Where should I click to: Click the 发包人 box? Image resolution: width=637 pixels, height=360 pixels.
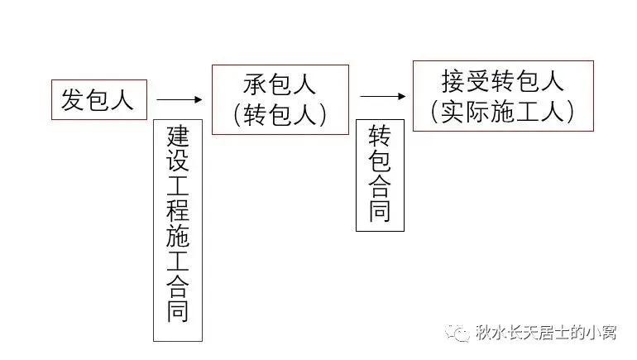(x=98, y=99)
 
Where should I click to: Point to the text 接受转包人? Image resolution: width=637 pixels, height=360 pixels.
(x=502, y=81)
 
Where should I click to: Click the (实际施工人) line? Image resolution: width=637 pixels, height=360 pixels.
(x=502, y=112)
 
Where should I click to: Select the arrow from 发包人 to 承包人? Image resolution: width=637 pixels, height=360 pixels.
(x=180, y=99)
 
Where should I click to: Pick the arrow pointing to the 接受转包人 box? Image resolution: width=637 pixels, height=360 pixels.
(x=383, y=96)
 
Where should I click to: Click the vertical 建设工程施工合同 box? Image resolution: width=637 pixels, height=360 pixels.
(x=178, y=229)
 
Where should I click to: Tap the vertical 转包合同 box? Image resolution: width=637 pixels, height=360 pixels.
(x=380, y=175)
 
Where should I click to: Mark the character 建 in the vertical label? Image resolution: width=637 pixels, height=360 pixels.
(x=178, y=136)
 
